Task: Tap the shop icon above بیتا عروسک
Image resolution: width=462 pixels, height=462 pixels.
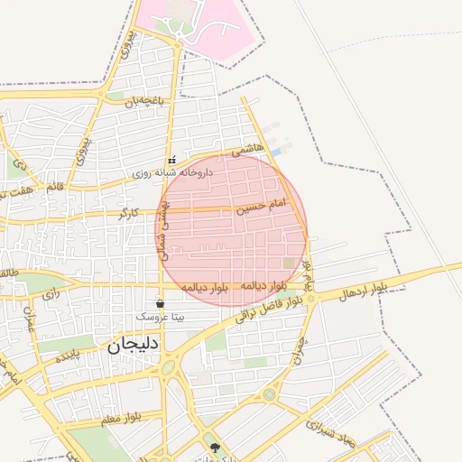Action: [161, 304]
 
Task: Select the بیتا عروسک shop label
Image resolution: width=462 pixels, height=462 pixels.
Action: [160, 318]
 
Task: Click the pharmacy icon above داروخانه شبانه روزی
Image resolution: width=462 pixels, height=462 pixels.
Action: [171, 160]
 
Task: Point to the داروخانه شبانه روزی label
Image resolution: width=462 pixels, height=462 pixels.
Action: [171, 171]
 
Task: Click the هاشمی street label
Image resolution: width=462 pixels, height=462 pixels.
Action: [248, 151]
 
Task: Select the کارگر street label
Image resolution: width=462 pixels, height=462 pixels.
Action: [128, 214]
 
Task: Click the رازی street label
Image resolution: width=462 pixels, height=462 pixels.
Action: [51, 293]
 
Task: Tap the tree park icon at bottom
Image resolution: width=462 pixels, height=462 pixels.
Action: [215, 448]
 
